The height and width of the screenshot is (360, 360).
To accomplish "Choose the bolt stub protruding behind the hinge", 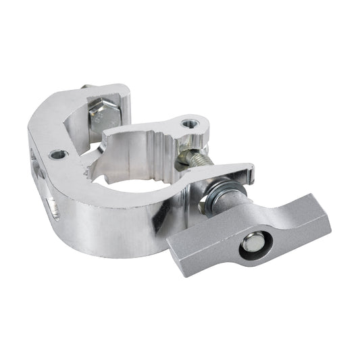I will point(84,87).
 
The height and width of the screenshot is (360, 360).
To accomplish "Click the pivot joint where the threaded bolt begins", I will point(182,157).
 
